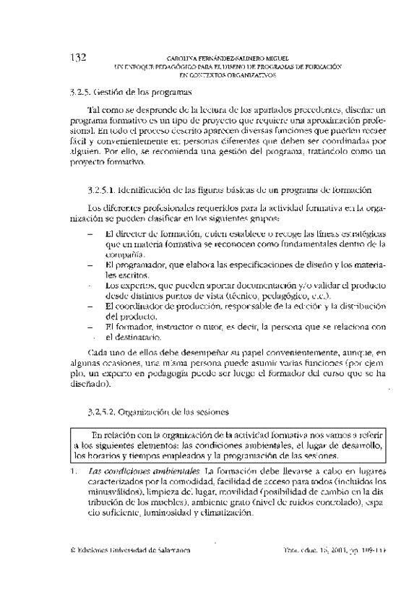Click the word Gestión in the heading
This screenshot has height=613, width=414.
point(110,93)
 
